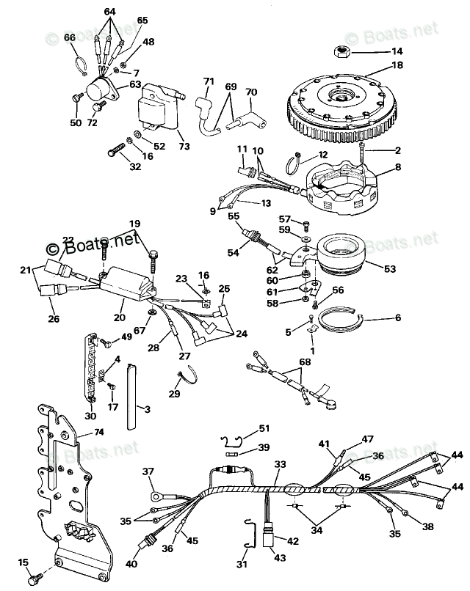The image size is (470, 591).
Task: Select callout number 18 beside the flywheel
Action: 397,65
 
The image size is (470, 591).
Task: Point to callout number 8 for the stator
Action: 398,167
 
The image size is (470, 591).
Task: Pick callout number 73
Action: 184,146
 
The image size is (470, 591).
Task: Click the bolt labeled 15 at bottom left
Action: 32,579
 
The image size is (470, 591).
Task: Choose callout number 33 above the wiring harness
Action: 280,464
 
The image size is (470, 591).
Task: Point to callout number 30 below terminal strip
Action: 90,416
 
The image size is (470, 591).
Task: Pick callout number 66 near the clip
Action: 70,37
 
